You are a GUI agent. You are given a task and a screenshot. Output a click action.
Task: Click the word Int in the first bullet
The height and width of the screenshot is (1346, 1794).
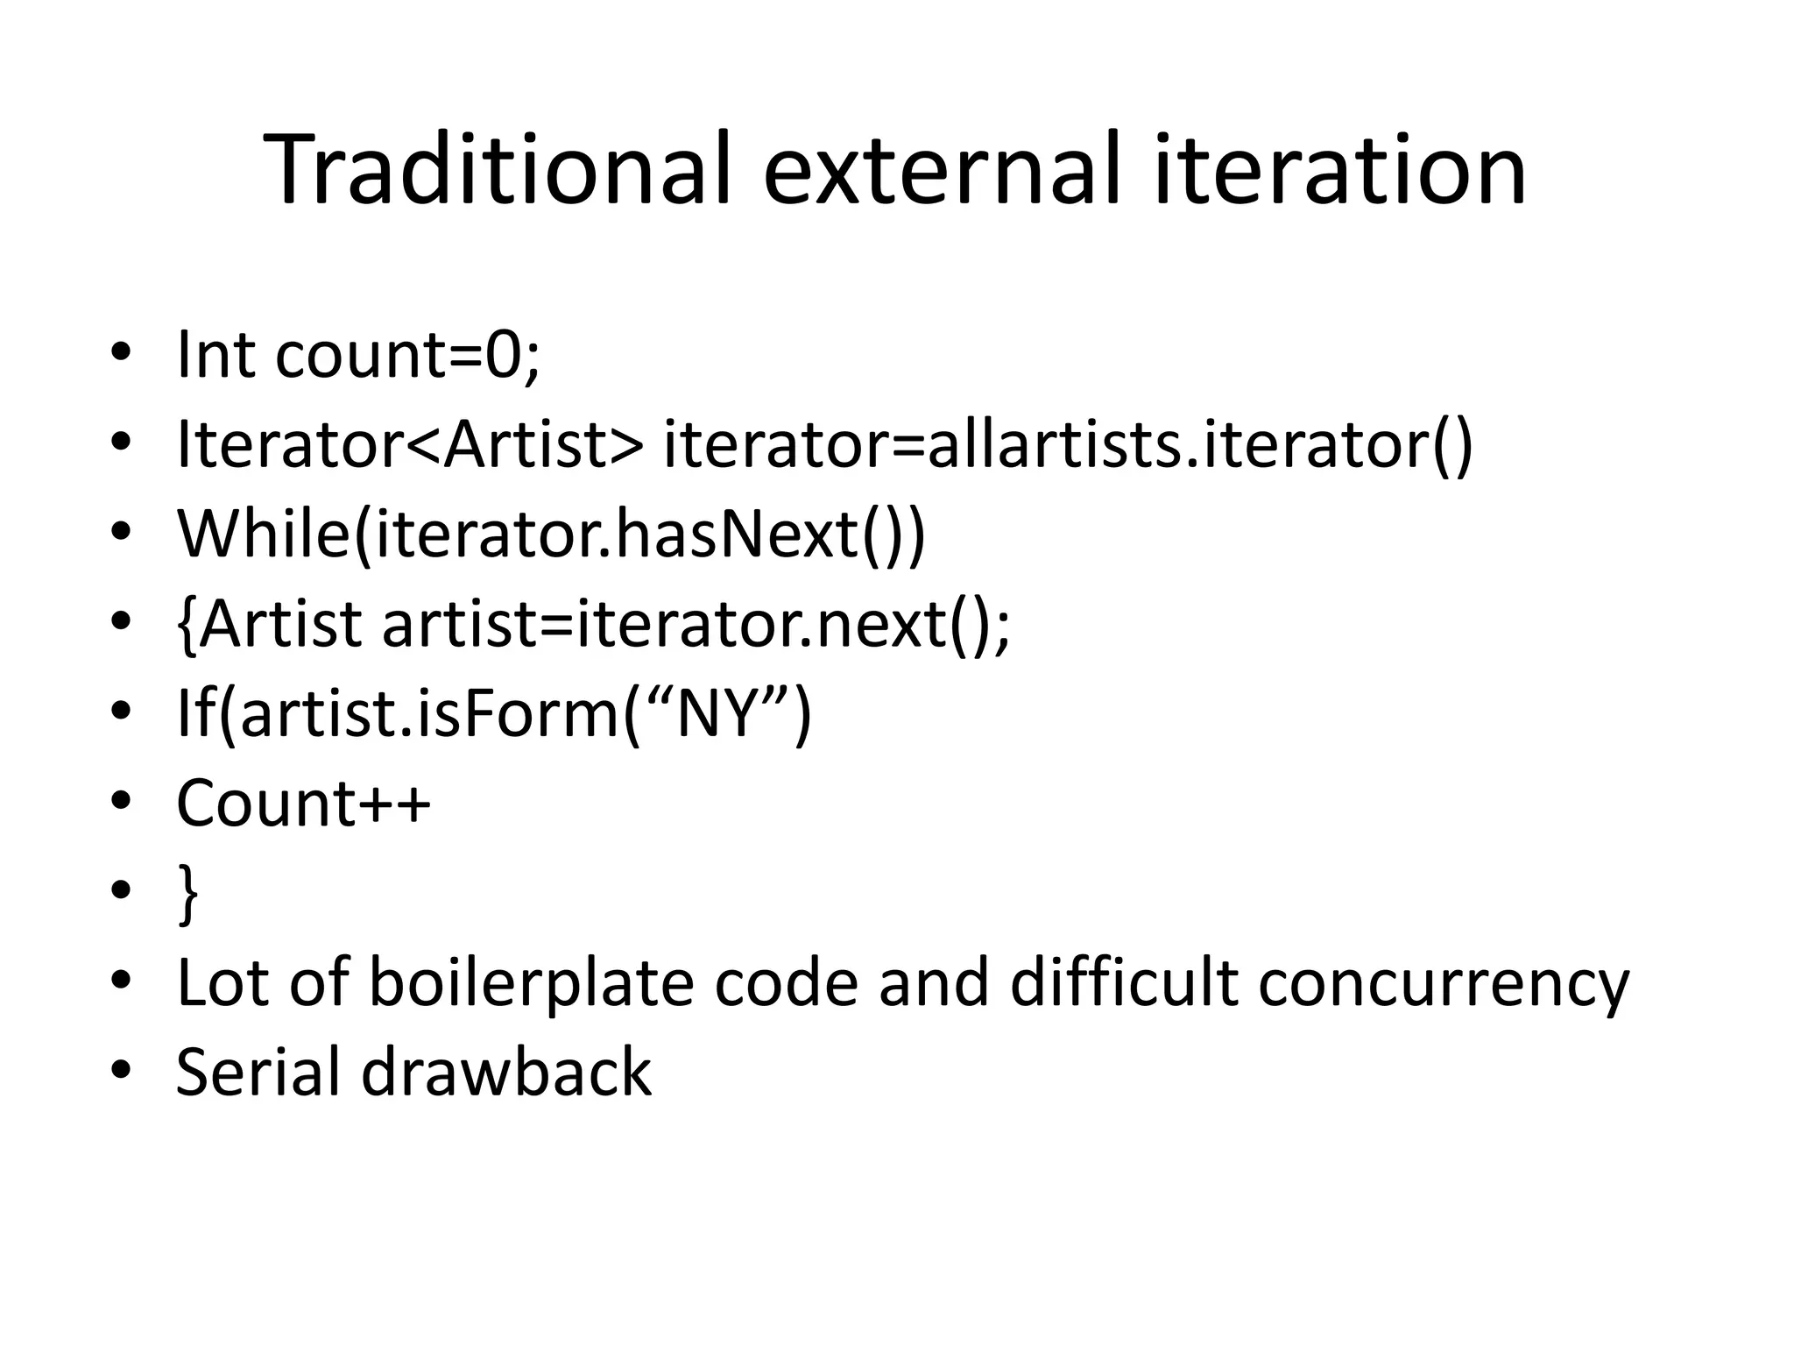[x=215, y=355]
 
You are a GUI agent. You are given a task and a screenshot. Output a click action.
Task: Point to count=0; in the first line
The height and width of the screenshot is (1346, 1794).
[x=407, y=355]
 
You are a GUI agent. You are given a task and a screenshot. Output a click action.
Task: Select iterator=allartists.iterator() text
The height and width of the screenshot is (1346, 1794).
[x=1068, y=444]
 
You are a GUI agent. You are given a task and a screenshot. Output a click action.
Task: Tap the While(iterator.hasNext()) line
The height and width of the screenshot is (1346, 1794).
[x=551, y=534]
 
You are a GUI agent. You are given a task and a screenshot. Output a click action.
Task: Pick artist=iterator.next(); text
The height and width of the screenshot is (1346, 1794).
[x=696, y=624]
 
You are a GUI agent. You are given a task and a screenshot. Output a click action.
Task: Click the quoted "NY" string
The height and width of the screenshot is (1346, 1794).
[x=716, y=713]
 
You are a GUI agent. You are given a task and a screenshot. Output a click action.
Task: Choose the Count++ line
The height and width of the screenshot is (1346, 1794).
[x=303, y=803]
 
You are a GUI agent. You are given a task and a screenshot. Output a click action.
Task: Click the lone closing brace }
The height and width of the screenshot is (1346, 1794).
[x=187, y=894]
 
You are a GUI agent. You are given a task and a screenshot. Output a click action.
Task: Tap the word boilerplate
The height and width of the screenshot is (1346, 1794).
[x=533, y=983]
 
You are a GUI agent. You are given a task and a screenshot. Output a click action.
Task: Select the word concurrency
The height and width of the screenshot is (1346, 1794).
[x=1444, y=983]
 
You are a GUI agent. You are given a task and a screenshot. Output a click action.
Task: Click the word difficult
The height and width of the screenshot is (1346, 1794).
[x=1124, y=983]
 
